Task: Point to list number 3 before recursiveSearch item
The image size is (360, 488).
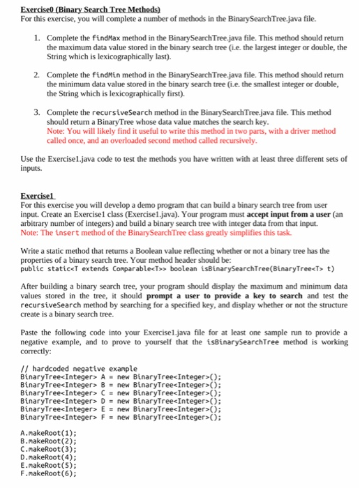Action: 37,111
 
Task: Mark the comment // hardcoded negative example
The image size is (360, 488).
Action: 79,368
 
